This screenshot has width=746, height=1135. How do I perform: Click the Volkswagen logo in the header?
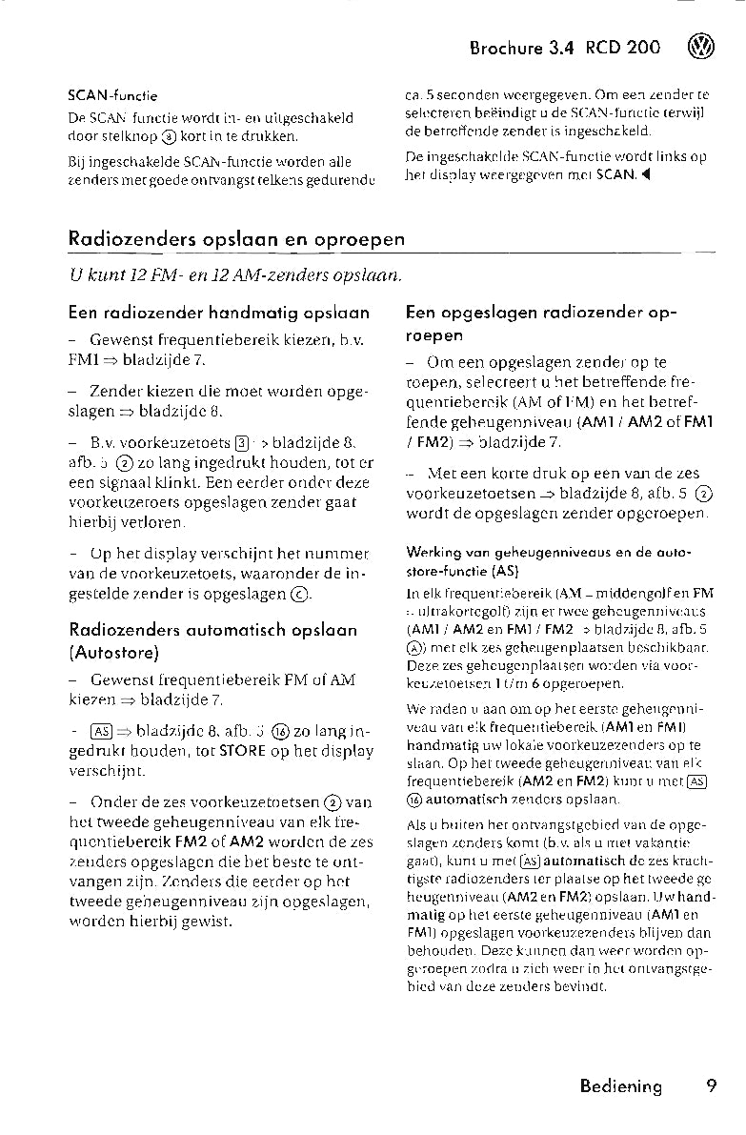click(702, 48)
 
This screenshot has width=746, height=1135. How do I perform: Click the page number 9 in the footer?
click(711, 1086)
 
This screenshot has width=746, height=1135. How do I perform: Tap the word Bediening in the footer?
click(620, 1087)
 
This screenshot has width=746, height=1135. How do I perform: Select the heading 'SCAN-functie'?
click(112, 95)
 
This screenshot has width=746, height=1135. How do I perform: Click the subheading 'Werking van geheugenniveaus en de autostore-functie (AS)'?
click(548, 560)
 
